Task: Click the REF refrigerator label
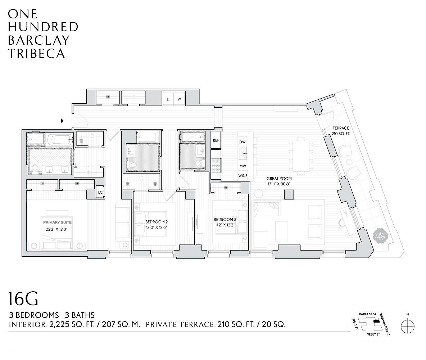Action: point(216,140)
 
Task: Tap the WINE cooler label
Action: point(243,176)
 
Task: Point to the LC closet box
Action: point(100,193)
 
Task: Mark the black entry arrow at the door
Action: point(62,121)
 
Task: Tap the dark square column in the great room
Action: point(289,194)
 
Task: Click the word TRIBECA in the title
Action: point(36,53)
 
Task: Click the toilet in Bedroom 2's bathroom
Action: point(132,165)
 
